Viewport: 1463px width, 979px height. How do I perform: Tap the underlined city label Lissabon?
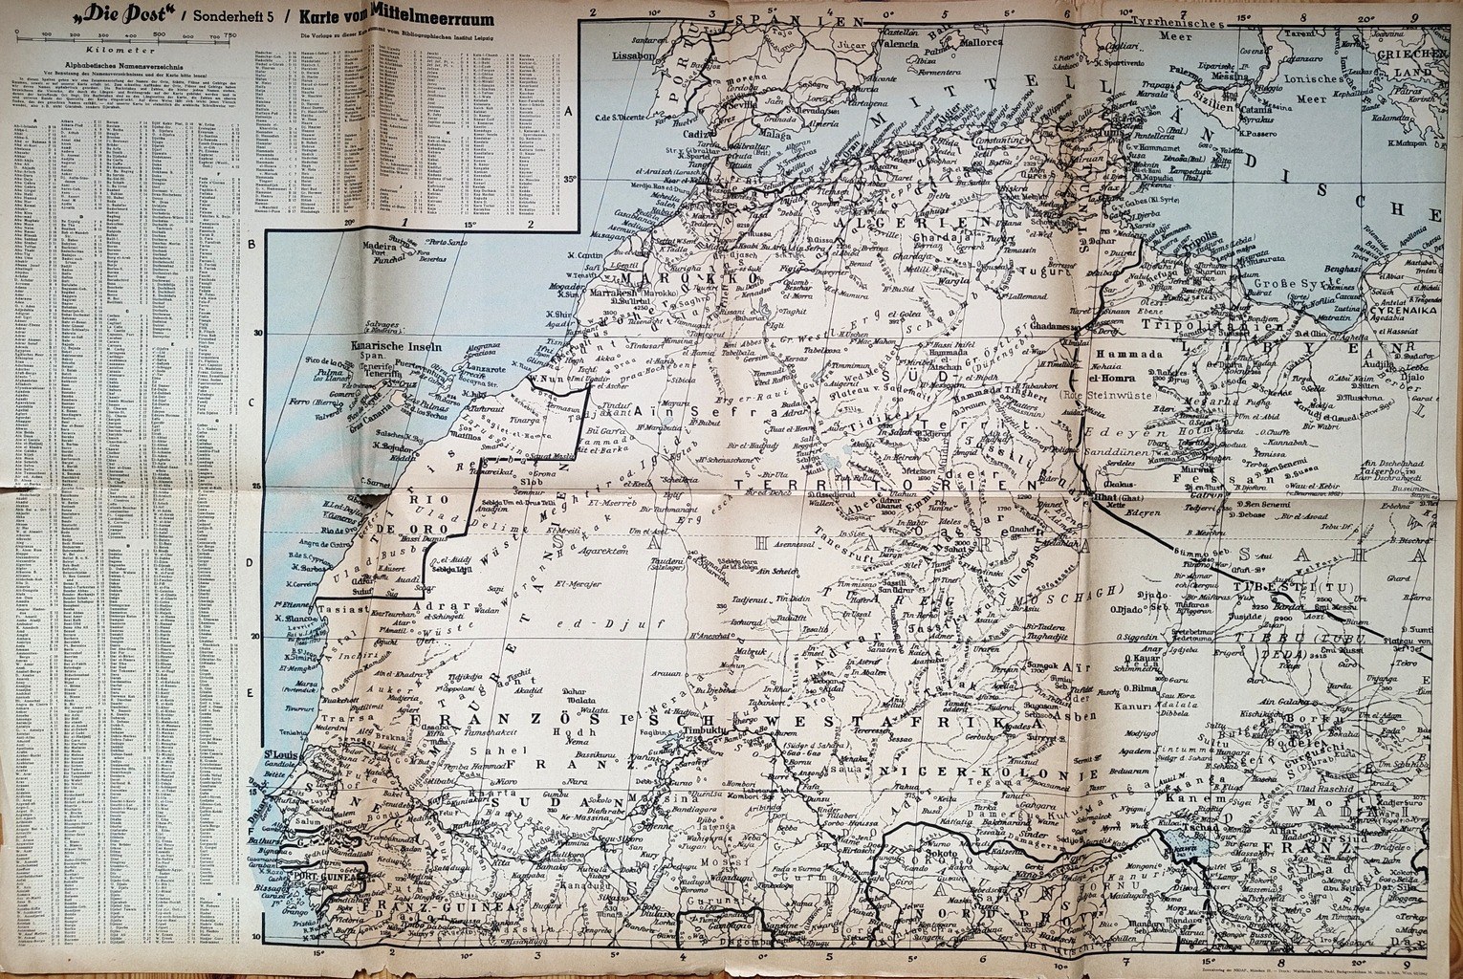click(x=634, y=55)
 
